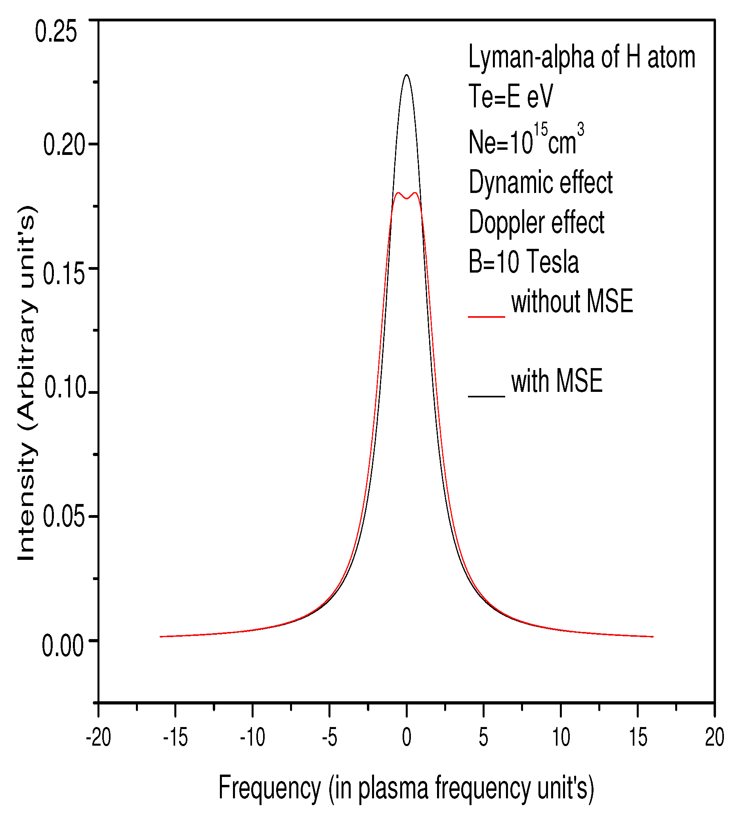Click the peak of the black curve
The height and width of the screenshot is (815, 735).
tap(406, 75)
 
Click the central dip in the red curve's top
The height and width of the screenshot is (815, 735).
tap(406, 198)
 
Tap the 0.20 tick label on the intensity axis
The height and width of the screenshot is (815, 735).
tap(64, 145)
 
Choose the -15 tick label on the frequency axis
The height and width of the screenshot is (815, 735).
tap(175, 737)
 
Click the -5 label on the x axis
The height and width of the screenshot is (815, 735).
tap(329, 737)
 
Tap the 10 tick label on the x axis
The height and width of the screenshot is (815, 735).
tap(561, 737)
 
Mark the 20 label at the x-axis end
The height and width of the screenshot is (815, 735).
tap(714, 737)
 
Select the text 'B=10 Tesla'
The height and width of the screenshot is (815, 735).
tap(523, 262)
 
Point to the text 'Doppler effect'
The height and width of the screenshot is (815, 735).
tap(536, 222)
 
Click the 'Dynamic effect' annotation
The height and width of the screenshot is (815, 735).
tap(540, 183)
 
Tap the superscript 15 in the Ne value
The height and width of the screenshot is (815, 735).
tap(540, 130)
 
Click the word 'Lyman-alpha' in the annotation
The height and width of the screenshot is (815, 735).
tap(531, 57)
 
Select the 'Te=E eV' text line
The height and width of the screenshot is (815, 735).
tap(510, 97)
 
